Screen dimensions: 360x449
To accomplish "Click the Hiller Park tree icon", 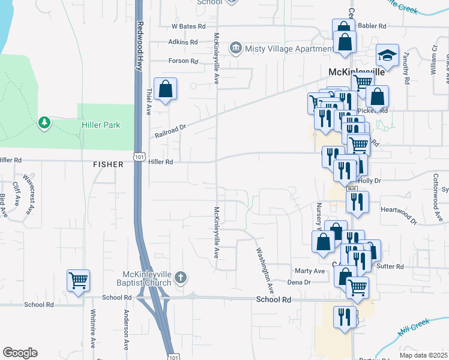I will click(x=44, y=124).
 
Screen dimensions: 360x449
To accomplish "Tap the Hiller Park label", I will click(x=101, y=125).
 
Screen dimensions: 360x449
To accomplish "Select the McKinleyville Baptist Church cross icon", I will click(x=181, y=278).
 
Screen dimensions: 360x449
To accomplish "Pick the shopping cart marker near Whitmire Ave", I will click(x=79, y=280).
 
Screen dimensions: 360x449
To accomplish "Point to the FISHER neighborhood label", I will click(x=108, y=164).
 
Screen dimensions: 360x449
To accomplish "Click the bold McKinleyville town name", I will click(x=356, y=71).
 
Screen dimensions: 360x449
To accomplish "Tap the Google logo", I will click(x=20, y=353).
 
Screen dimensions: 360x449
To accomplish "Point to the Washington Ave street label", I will click(x=265, y=270).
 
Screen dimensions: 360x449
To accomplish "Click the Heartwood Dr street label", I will click(x=399, y=213).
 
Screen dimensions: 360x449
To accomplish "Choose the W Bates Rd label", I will click(x=188, y=26).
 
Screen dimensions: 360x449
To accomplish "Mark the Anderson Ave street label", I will click(x=127, y=330).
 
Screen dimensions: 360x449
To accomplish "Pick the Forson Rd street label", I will click(x=183, y=61).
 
